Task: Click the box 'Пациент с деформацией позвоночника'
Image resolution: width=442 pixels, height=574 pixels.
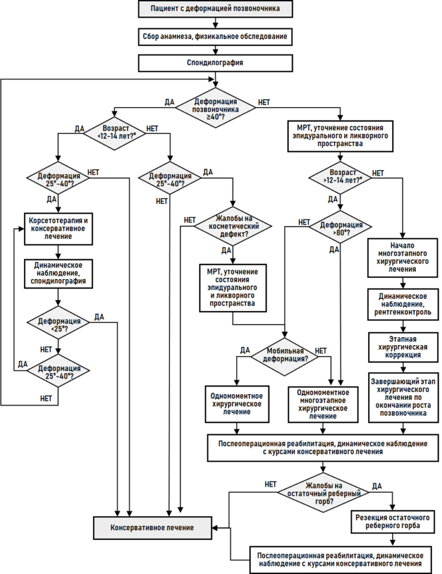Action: click(215, 8)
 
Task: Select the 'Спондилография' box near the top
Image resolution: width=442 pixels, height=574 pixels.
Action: click(215, 63)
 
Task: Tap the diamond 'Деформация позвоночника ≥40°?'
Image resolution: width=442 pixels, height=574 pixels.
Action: click(215, 108)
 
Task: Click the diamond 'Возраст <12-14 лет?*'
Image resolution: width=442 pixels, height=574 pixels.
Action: click(115, 132)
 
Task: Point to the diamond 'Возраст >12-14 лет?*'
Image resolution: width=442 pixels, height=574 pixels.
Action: click(340, 178)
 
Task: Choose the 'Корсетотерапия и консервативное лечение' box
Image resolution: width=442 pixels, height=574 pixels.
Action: click(58, 229)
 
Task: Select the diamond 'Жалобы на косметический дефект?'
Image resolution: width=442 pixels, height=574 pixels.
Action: click(233, 226)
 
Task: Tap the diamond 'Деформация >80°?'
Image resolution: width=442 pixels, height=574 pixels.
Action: click(340, 228)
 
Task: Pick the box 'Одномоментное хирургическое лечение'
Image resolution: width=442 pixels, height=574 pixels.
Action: click(237, 404)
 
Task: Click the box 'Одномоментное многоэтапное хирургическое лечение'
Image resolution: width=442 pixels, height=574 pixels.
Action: click(323, 405)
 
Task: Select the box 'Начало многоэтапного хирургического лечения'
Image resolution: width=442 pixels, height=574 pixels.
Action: click(402, 258)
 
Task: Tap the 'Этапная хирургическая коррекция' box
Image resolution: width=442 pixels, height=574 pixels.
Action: click(403, 347)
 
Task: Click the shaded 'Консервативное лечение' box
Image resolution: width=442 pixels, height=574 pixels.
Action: click(152, 528)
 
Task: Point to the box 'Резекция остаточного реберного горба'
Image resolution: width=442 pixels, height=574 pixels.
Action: click(393, 522)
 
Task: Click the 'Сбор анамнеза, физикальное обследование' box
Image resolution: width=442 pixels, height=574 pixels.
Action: click(215, 36)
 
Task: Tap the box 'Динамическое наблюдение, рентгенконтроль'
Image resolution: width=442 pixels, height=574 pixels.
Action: click(403, 304)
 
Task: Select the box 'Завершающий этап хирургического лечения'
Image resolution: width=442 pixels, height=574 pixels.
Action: click(403, 397)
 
